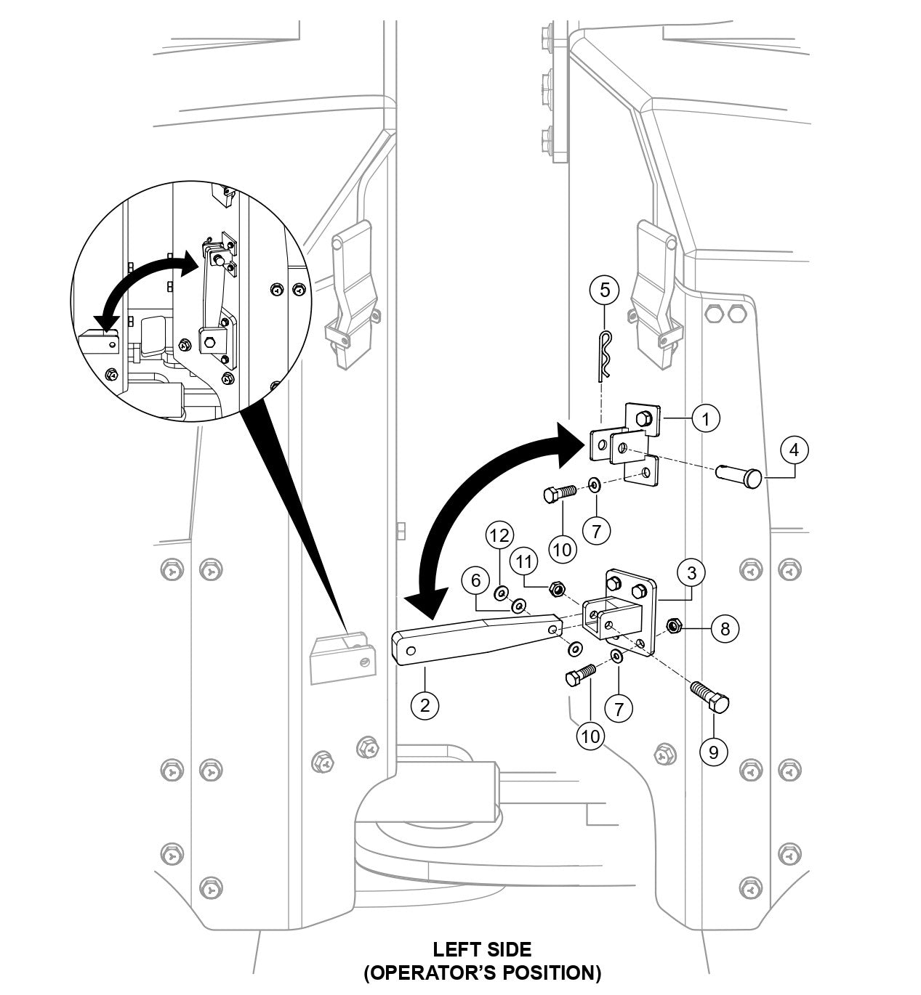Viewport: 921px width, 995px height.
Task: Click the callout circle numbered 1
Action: (x=705, y=418)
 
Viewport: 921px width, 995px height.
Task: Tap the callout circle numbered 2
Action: (x=425, y=704)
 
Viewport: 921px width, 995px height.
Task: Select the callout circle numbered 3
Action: (x=691, y=572)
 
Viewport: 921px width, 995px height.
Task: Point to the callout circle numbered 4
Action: (x=794, y=450)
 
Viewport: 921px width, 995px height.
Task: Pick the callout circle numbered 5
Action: (x=605, y=291)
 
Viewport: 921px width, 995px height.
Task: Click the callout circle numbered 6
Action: (x=476, y=580)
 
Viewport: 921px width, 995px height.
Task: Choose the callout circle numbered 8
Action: (x=725, y=628)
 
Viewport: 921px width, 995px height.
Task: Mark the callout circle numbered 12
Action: (x=499, y=535)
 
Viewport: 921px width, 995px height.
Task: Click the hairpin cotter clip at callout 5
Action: (x=604, y=357)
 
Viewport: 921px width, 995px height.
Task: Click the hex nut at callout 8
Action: (x=674, y=625)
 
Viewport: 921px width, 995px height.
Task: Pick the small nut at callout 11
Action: (x=555, y=587)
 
